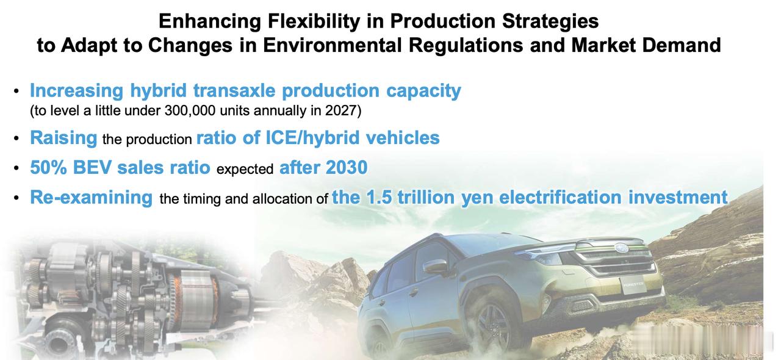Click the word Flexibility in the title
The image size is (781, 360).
[314, 21]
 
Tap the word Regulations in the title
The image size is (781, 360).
[466, 45]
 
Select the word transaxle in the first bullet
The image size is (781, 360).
[234, 91]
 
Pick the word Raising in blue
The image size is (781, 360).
[63, 138]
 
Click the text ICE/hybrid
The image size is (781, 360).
[312, 138]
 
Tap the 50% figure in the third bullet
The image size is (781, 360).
[48, 167]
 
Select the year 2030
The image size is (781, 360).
[347, 167]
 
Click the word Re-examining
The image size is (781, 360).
[92, 198]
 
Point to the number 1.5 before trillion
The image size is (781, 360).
[379, 198]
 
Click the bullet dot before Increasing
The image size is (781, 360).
[16, 91]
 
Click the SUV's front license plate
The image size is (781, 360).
[633, 285]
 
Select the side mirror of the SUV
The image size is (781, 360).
[436, 267]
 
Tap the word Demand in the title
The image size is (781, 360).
[682, 45]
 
